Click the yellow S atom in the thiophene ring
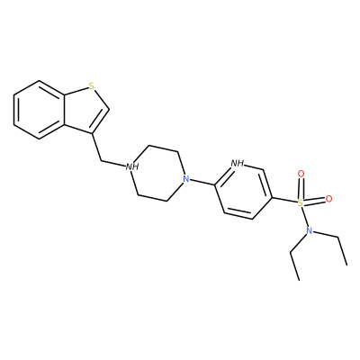pyautogui.click(x=92, y=86)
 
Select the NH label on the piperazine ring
pyautogui.click(x=132, y=166)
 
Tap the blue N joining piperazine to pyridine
pyautogui.click(x=186, y=179)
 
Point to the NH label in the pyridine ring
pyautogui.click(x=237, y=164)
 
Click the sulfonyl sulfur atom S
pyautogui.click(x=300, y=203)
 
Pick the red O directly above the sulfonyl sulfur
pyautogui.click(x=301, y=174)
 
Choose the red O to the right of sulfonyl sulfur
pyautogui.click(x=328, y=199)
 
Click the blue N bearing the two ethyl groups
pyautogui.click(x=309, y=230)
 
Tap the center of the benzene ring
pyautogui.click(x=39, y=110)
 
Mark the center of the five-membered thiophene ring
pyautogui.click(x=85, y=109)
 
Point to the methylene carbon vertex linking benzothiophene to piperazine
pyautogui.click(x=102, y=161)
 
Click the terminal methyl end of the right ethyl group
pyautogui.click(x=346, y=265)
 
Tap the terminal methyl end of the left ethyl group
pyautogui.click(x=299, y=281)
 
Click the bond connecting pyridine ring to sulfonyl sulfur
pyautogui.click(x=284, y=201)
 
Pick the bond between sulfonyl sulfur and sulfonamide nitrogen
pyautogui.click(x=304, y=217)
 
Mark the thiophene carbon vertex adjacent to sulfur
pyautogui.click(x=109, y=109)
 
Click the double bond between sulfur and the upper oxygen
pyautogui.click(x=301, y=189)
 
